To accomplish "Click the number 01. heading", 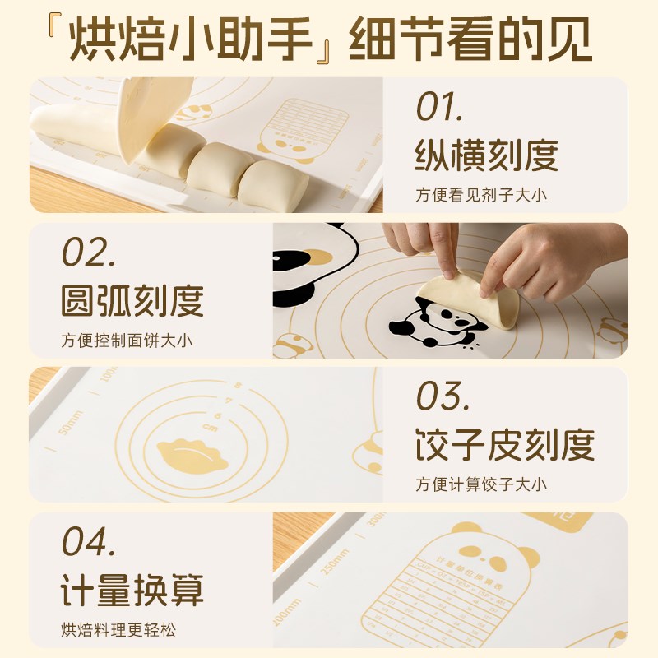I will (440, 107).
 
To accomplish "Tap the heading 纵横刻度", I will (487, 155).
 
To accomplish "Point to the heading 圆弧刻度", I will (132, 301).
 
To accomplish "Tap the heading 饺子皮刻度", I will (504, 445).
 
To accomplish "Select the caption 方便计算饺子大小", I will (481, 484).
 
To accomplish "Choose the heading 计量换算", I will (132, 591).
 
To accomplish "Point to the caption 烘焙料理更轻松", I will (118, 631).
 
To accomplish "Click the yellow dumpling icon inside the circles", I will (192, 453).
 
